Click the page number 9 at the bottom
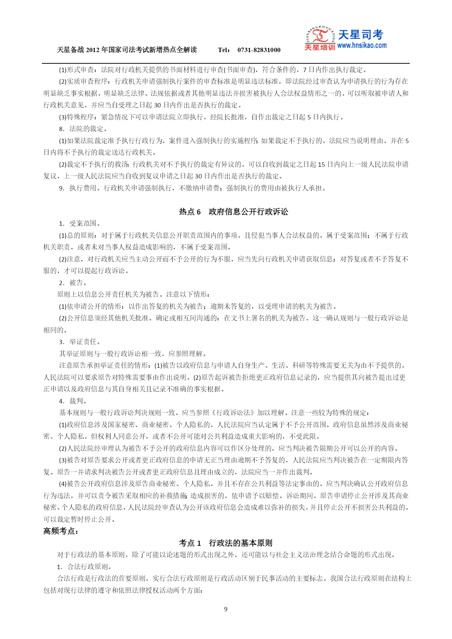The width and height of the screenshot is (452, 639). point(225,609)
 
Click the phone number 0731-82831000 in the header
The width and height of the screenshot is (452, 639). point(259,50)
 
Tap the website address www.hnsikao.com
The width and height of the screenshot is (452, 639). point(362,46)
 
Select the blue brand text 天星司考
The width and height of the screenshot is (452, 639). point(361,35)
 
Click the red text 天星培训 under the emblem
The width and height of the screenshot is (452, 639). point(319,47)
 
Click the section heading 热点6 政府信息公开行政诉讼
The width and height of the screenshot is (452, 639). point(233,212)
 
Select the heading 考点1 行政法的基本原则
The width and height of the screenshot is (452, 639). point(225,543)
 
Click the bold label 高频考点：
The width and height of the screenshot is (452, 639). point(61,531)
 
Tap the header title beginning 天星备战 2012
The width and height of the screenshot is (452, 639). point(127,50)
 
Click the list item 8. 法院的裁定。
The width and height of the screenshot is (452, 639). point(83,129)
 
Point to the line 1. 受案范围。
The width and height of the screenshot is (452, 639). point(80,224)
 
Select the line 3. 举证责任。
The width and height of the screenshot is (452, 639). point(80,342)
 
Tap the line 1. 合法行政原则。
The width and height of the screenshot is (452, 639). point(84,567)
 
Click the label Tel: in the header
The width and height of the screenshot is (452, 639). point(224,50)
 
